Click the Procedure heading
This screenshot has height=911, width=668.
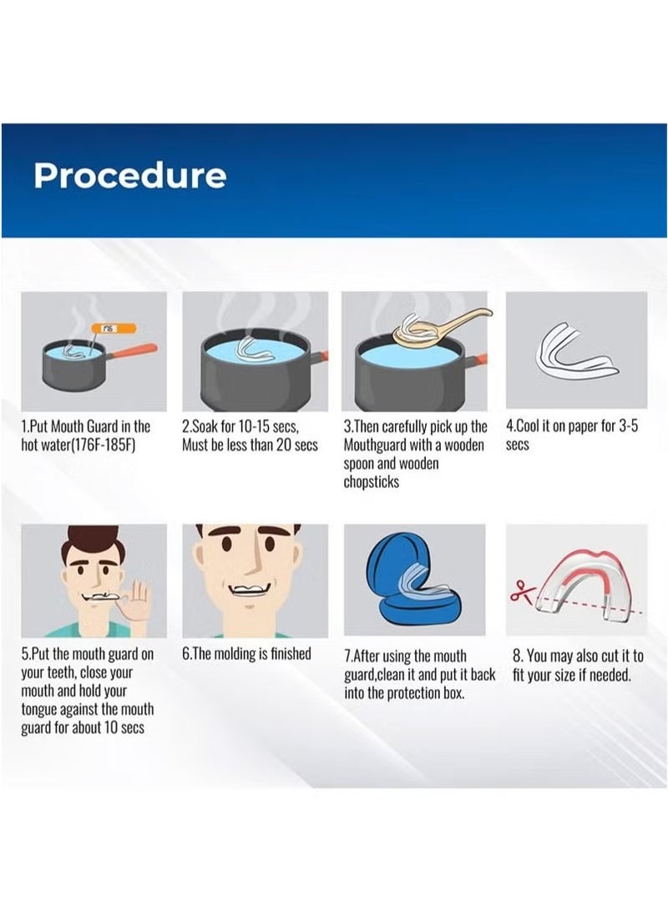tap(129, 175)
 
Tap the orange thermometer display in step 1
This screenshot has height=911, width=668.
tap(114, 328)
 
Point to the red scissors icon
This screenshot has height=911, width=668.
tap(523, 591)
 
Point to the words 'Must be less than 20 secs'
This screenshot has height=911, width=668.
tap(250, 445)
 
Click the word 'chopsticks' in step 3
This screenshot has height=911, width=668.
tap(371, 482)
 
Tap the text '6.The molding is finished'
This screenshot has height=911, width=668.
tap(246, 653)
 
